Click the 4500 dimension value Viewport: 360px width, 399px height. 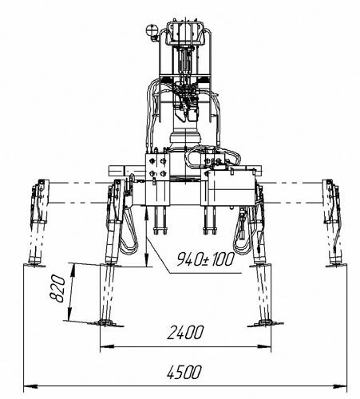point(184,372)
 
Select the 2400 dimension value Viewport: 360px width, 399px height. point(185,332)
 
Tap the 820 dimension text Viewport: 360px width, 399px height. point(57,289)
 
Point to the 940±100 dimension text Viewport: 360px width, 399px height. point(206,259)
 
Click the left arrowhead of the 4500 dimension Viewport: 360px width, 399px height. point(30,386)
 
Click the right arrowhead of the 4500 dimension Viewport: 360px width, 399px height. point(341,386)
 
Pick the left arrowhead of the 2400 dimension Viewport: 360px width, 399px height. point(106,346)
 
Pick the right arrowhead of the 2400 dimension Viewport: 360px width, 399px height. point(264,346)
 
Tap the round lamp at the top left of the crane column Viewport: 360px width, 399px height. point(152,30)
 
